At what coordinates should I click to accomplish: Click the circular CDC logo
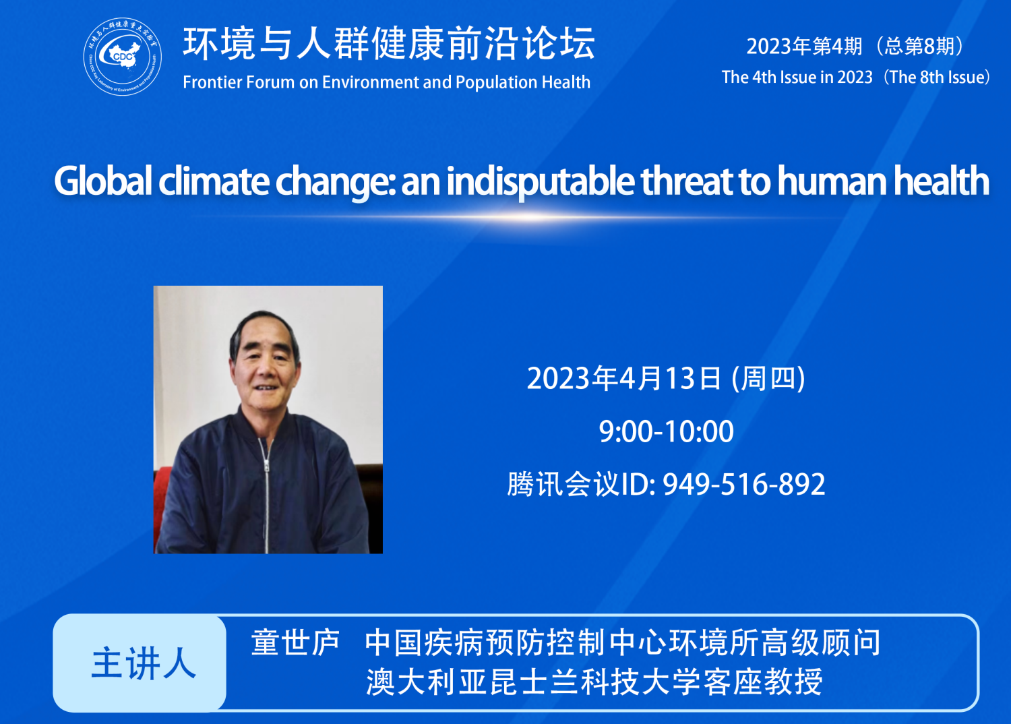[122, 57]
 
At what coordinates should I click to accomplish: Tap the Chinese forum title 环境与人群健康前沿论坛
[389, 44]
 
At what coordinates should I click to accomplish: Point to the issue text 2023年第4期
[804, 47]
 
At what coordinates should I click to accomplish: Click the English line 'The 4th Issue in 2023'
[797, 77]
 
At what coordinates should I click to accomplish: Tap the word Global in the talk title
[103, 181]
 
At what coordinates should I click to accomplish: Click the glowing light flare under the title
[532, 218]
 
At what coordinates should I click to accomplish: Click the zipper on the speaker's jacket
[266, 495]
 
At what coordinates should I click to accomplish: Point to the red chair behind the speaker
[162, 506]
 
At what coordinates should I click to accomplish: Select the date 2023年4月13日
[623, 378]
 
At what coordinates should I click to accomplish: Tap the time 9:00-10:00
[666, 431]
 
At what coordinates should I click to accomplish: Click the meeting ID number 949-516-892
[744, 484]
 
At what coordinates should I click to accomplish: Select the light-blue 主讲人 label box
[140, 663]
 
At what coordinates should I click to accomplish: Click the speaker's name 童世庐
[295, 642]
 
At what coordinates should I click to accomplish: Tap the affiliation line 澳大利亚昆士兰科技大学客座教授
[594, 682]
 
